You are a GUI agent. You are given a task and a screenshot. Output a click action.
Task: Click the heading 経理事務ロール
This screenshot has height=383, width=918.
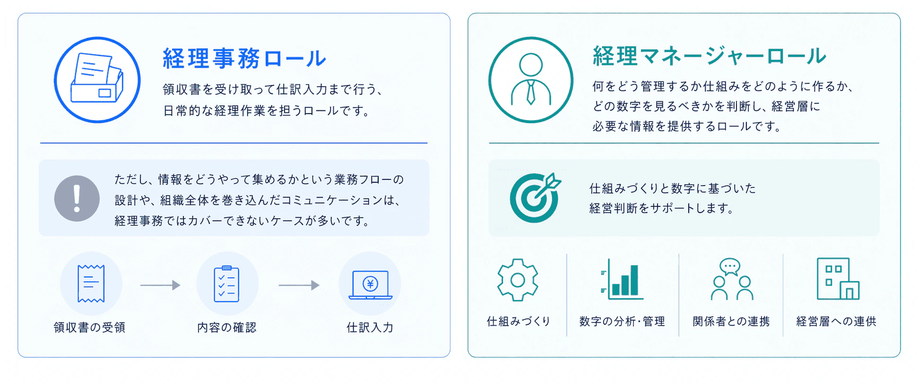pyautogui.click(x=244, y=59)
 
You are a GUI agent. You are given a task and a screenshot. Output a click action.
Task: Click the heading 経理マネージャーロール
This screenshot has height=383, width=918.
pyautogui.click(x=710, y=56)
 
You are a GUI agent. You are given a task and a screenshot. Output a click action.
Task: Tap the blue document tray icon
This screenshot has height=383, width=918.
pyautogui.click(x=97, y=80)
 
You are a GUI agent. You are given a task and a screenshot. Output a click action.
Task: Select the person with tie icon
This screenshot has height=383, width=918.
pyautogui.click(x=531, y=80)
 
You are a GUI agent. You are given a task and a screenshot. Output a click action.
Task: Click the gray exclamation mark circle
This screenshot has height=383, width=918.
pyautogui.click(x=77, y=198)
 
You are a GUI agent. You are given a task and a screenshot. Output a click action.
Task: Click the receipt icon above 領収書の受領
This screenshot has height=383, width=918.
pyautogui.click(x=91, y=284)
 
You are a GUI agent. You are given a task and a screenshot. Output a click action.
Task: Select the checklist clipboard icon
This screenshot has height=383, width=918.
pyautogui.click(x=227, y=284)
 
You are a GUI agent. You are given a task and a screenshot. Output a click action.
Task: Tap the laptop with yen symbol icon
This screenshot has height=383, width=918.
pyautogui.click(x=370, y=285)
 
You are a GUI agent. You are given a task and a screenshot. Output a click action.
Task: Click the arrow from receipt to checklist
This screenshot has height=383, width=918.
pyautogui.click(x=160, y=285)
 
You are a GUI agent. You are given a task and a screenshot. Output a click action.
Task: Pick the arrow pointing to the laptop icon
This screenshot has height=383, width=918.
pyautogui.click(x=299, y=285)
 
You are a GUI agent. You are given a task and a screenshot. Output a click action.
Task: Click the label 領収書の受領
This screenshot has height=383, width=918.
pyautogui.click(x=89, y=327)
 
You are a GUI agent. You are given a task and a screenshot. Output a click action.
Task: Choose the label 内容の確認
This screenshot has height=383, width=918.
pyautogui.click(x=227, y=327)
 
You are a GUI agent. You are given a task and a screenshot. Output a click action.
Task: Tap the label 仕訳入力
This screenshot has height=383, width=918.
pyautogui.click(x=370, y=327)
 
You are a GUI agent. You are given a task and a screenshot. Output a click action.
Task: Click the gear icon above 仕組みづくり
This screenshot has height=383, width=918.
pyautogui.click(x=518, y=280)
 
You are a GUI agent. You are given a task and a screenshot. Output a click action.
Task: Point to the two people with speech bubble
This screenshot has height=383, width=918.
pyautogui.click(x=732, y=279)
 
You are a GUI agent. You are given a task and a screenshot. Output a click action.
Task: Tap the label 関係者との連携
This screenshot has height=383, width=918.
pyautogui.click(x=731, y=321)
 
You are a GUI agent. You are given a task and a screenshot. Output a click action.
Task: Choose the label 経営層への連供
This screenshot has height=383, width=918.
pyautogui.click(x=836, y=321)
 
